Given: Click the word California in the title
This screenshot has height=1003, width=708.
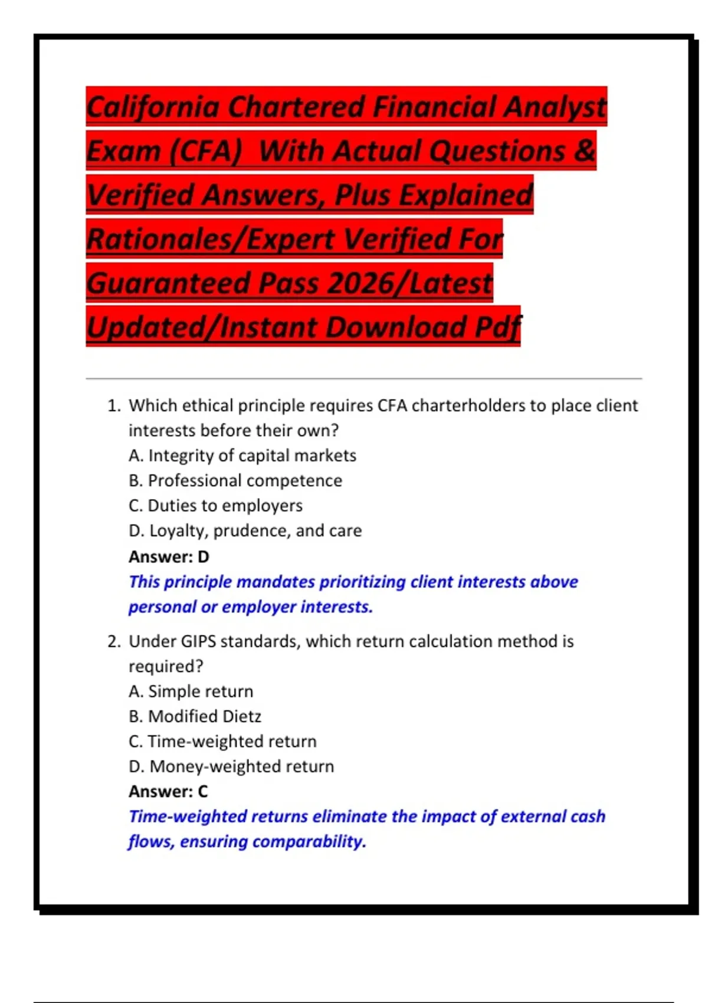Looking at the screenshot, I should (154, 107).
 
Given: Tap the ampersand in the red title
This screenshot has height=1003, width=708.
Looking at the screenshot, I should (584, 150).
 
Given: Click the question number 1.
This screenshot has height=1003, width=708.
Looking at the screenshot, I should (113, 406).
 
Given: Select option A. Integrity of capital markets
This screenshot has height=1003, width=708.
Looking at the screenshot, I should (242, 455).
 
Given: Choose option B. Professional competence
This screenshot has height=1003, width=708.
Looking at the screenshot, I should (235, 481).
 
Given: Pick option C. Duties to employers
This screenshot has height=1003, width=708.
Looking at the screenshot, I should (215, 506).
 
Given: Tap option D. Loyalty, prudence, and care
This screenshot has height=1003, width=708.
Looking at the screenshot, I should (245, 531).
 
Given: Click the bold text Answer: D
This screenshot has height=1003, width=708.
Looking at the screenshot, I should (169, 556).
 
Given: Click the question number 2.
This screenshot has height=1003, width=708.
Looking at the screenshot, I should (113, 641).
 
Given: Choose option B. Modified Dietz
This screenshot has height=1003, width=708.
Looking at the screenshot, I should (195, 716).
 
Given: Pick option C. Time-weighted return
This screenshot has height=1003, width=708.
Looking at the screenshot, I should (222, 742).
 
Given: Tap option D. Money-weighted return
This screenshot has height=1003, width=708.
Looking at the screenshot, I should (231, 766).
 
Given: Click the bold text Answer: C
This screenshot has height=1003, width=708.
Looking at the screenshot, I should (168, 791).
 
